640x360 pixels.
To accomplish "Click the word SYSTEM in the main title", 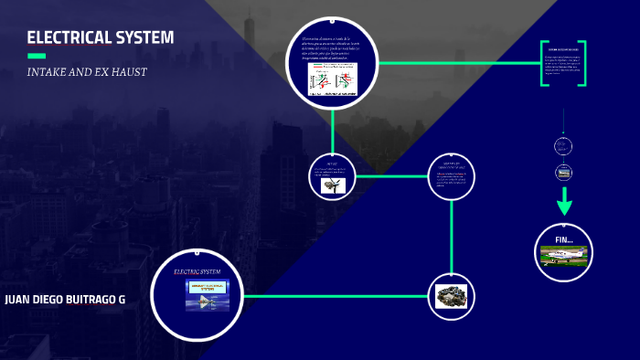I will pyautogui.click(x=144, y=38).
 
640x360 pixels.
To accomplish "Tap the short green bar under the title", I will pyautogui.click(x=37, y=57).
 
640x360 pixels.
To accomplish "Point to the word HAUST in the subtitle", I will pyautogui.click(x=130, y=72).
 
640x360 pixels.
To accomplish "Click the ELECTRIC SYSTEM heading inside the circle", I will pyautogui.click(x=197, y=271).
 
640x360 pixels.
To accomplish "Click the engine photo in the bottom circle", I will pyautogui.click(x=451, y=296).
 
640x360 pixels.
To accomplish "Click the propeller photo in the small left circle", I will pyautogui.click(x=332, y=185).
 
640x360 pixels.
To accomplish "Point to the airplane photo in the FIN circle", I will pyautogui.click(x=562, y=256).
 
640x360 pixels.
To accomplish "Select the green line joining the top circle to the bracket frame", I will pyautogui.click(x=457, y=63).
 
